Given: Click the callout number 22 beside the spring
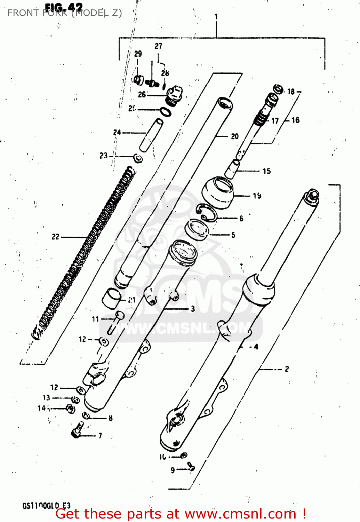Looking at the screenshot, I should point(56,237).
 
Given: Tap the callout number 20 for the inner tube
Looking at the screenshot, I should point(235,136).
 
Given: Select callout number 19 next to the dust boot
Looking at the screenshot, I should point(257,196).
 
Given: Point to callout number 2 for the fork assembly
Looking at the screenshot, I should point(287,369).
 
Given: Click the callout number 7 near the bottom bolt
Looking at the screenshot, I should point(100,435).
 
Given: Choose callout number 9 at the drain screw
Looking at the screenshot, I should point(173,470).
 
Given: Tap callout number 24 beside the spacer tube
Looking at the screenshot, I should point(117,132).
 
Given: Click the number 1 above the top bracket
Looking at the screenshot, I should point(216,16).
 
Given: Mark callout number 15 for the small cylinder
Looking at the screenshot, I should point(266,171).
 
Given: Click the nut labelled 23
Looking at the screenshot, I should point(138,159).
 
